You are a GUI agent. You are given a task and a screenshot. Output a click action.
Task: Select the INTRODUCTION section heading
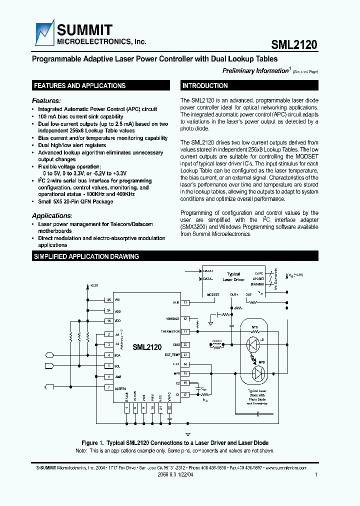pos(205,85)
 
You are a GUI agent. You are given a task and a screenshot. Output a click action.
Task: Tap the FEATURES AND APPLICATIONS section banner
pos(79,85)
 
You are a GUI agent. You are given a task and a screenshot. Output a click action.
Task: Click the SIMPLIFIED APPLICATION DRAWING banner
pos(86,256)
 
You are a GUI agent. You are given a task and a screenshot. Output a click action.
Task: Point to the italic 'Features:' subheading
pos(46,100)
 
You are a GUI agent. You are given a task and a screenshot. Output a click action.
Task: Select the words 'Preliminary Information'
pos(254,71)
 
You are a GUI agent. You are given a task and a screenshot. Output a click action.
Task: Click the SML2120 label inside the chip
pos(147,347)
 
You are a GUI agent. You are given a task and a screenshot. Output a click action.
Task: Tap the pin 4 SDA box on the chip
pos(108,355)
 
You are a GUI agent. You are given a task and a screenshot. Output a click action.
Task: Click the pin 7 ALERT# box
pos(108,387)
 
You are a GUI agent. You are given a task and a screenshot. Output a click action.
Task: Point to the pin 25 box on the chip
pos(108,300)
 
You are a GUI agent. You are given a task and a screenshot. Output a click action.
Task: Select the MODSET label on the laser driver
pos(213,295)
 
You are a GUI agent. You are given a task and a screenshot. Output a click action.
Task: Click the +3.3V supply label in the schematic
pos(94,285)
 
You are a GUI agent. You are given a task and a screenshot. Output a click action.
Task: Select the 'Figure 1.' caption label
pos(92,443)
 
